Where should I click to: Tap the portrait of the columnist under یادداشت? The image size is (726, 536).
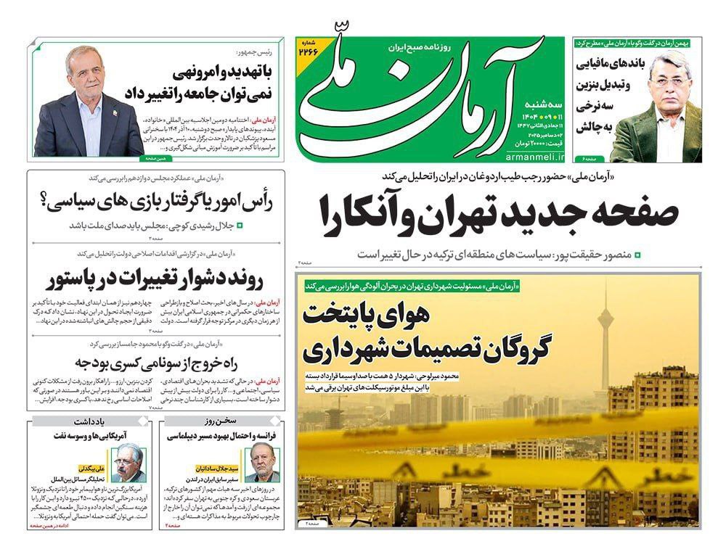coord(127,463)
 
